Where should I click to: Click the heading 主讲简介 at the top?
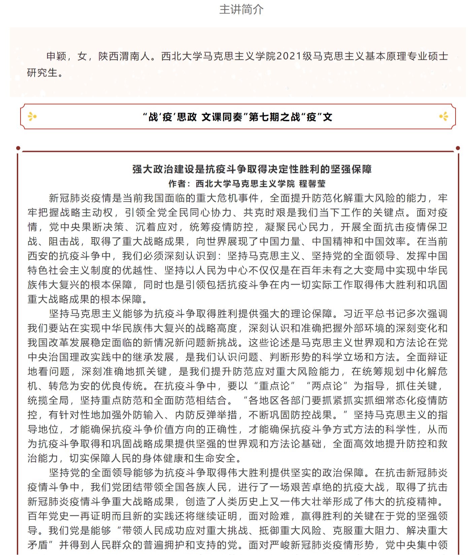pyautogui.click(x=241, y=9)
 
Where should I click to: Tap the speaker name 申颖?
pyautogui.click(x=56, y=56)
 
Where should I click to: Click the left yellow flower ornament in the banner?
pyautogui.click(x=32, y=117)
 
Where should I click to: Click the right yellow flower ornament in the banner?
pyautogui.click(x=444, y=117)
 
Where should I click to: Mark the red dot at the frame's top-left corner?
pyautogui.click(x=18, y=148)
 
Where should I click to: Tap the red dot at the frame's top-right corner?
pyautogui.click(x=458, y=148)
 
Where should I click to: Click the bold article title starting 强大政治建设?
pyautogui.click(x=252, y=169)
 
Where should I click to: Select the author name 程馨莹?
pyautogui.click(x=312, y=184)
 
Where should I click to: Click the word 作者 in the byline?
pyautogui.click(x=177, y=184)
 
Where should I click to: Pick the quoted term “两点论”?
pyautogui.click(x=327, y=386)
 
